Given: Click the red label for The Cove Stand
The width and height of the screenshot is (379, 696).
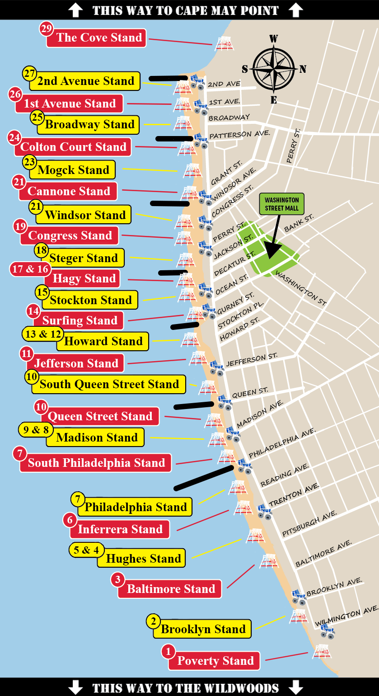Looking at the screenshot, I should tap(99, 38).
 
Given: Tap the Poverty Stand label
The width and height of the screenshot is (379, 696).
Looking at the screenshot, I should tap(215, 661).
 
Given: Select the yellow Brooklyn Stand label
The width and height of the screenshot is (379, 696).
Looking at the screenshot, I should tap(203, 629).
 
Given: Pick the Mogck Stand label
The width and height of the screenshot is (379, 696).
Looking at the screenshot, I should tap(73, 170).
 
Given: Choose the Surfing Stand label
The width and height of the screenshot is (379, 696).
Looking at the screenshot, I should tap(80, 320).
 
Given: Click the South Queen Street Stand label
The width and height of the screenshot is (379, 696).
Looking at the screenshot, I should tap(109, 384).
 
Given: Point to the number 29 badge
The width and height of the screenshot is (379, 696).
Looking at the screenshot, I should tap(47, 29).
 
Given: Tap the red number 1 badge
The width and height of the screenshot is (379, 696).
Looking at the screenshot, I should tap(168, 651).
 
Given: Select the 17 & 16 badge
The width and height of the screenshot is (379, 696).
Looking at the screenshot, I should tap(30, 269).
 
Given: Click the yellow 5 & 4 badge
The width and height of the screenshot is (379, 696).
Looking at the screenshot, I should tap(86, 550).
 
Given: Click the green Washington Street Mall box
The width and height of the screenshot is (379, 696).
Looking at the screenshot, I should tap(281, 204).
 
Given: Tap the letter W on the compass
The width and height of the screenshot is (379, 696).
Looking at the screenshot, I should tap(273, 39).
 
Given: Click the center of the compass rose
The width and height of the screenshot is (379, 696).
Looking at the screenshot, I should tap(273, 68).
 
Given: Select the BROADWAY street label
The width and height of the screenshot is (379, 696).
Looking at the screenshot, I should tap(229, 118).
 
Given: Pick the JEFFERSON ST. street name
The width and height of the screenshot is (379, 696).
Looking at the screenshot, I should tap(252, 360).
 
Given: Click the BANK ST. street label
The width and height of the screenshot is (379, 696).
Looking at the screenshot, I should tap(299, 223).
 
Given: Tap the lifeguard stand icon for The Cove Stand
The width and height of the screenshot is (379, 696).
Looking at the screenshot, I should tap(223, 44).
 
